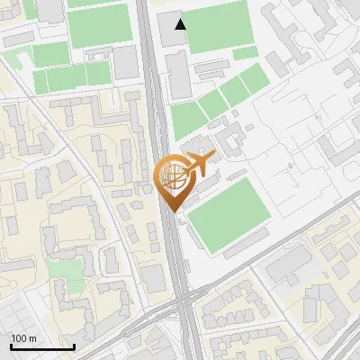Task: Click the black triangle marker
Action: click(181, 24)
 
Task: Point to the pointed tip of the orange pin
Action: click(173, 212)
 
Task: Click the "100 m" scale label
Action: click(23, 338)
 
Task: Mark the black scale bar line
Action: click(42, 347)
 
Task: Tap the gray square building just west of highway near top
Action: click(125, 62)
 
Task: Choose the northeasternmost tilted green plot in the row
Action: click(254, 82)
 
